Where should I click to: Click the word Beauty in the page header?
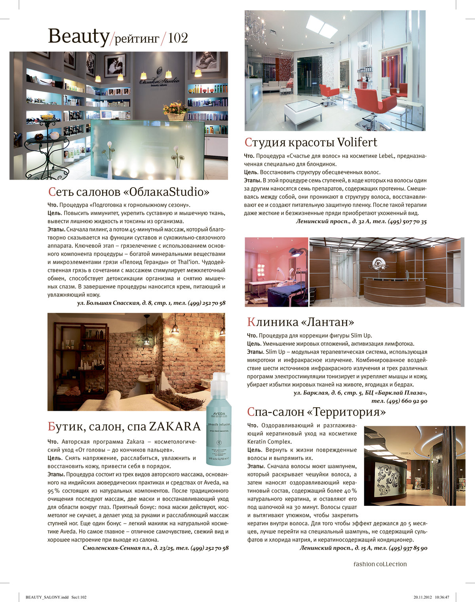tap(78, 36)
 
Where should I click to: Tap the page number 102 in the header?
tap(178, 38)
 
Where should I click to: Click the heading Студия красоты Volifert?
tap(311, 142)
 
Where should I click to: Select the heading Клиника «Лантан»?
tap(300, 321)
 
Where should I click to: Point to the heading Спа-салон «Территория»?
tap(316, 412)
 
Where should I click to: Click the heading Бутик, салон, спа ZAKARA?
tap(124, 426)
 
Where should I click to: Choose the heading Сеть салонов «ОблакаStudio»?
tap(129, 192)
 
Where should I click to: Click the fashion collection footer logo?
tap(380, 564)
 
